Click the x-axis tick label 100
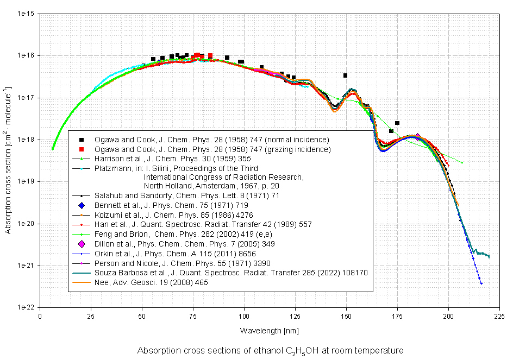(244, 315)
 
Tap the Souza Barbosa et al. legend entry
(230, 273)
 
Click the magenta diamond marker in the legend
(82, 244)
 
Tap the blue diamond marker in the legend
(82, 205)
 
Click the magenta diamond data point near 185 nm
(417, 137)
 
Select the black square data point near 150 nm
(346, 75)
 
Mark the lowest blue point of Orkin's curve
(481, 283)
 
